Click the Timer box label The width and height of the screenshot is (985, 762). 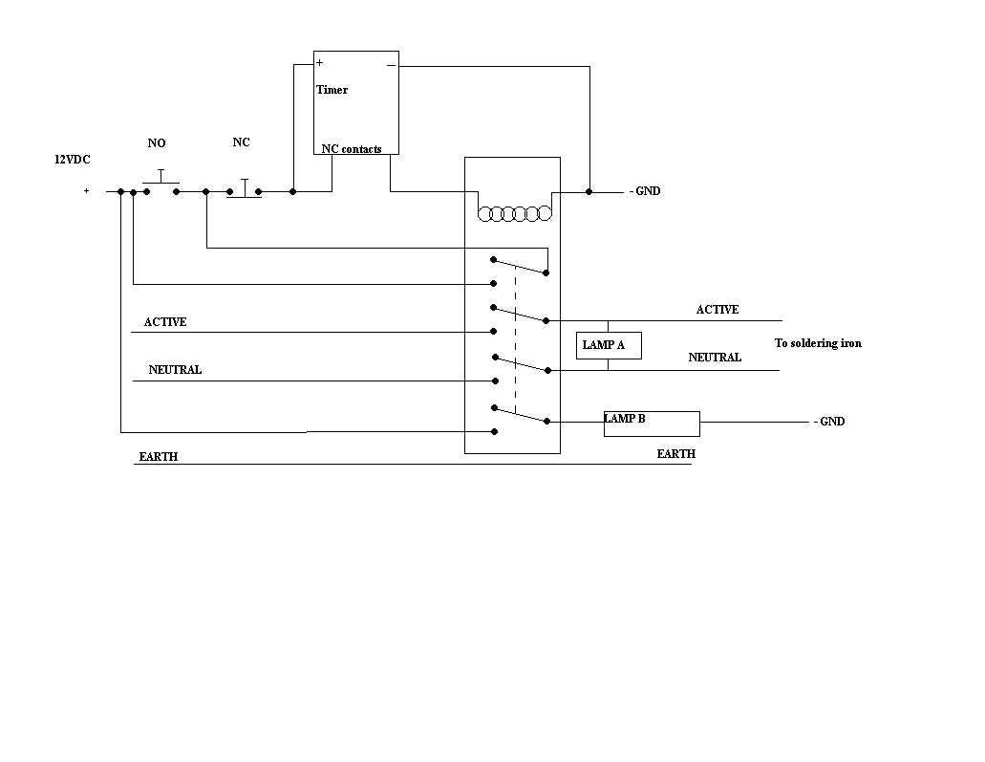coord(332,90)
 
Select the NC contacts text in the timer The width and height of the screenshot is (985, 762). coord(352,149)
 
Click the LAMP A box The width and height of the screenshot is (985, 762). coord(609,345)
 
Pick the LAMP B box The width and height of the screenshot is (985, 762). coord(652,423)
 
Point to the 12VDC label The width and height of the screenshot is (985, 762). coord(72,160)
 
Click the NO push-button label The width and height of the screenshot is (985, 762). coord(157,143)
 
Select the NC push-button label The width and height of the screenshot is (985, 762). coord(242,142)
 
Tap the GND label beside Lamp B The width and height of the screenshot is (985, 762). coord(829,422)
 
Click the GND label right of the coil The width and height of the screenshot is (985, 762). coord(645,191)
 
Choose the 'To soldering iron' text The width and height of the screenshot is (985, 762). coord(817,343)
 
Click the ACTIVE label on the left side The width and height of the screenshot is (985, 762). coord(165,322)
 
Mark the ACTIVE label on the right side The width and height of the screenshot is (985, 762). coord(717,310)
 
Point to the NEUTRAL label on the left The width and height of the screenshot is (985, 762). coord(175,370)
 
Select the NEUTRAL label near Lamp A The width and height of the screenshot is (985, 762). coord(715,358)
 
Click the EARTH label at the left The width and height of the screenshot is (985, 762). coord(158,457)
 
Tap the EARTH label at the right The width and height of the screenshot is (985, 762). coord(675,454)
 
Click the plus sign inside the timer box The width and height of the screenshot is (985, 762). coord(320,63)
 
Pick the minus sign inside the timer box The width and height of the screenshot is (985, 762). coord(391,65)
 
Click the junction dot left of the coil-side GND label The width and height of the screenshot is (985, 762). coord(589,191)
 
